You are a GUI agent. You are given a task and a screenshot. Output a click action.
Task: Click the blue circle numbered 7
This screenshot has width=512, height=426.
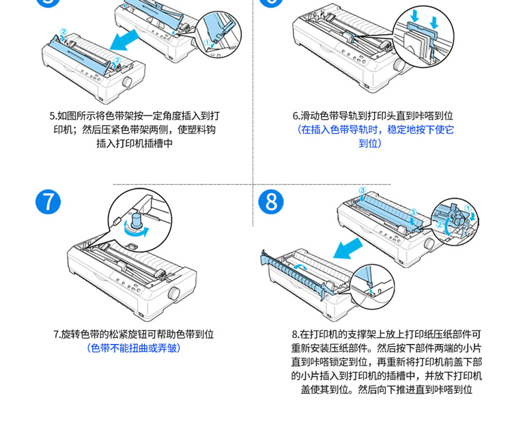(48, 202)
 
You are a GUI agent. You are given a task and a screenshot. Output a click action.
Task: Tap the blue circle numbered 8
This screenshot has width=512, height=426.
(272, 203)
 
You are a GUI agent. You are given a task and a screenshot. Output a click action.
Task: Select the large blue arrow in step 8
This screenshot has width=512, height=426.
(354, 248)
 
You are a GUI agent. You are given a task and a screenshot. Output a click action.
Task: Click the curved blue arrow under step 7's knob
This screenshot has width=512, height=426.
(137, 232)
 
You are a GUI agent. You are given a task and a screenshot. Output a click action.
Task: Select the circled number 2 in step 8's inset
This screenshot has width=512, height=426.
(441, 223)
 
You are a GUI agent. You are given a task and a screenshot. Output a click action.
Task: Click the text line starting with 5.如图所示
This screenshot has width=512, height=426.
(134, 116)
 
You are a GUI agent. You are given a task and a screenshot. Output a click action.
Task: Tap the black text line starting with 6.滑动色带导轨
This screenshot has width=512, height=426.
(373, 116)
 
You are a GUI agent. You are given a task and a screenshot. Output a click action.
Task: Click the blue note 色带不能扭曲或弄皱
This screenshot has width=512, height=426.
(134, 347)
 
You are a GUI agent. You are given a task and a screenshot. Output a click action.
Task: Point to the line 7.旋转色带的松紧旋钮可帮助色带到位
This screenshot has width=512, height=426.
(134, 334)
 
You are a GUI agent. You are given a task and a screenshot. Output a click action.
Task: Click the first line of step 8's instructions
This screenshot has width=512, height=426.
(386, 335)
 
